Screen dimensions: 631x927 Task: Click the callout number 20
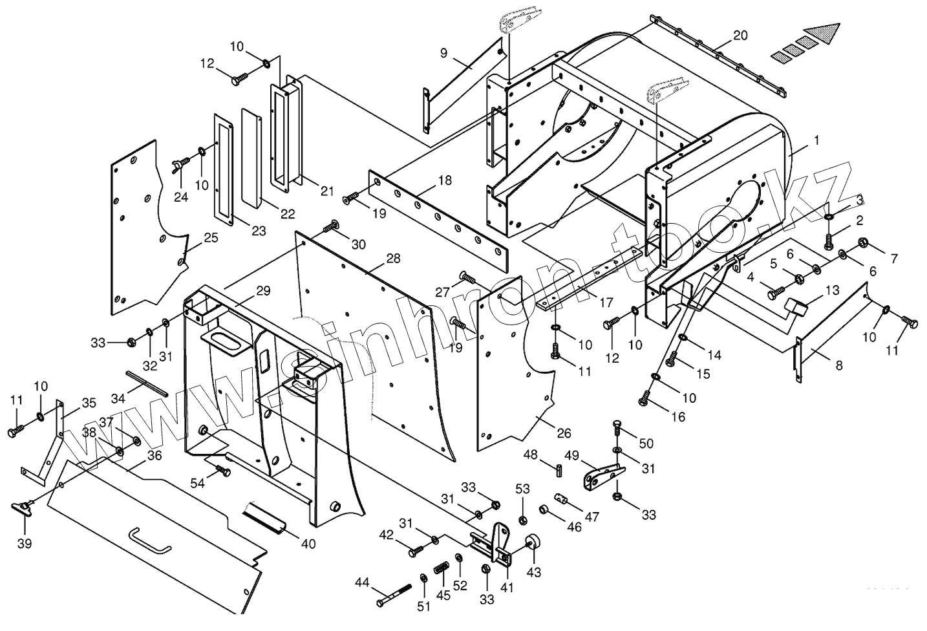click(x=740, y=36)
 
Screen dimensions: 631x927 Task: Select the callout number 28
click(x=393, y=259)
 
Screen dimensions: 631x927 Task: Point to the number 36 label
click(x=154, y=455)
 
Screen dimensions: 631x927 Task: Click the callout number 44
click(x=361, y=583)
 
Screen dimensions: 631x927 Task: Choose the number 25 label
click(x=211, y=238)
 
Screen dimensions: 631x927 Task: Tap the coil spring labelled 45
click(x=440, y=570)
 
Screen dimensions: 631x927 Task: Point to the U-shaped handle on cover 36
click(x=150, y=540)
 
